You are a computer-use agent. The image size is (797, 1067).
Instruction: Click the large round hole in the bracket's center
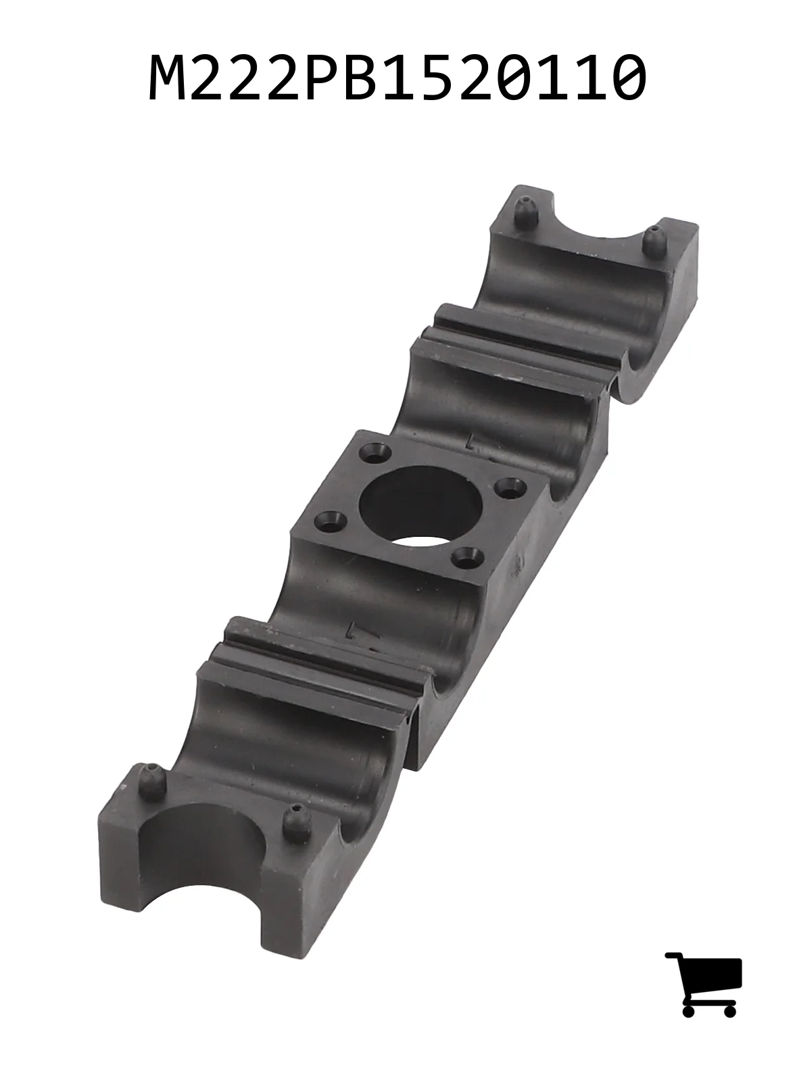click(420, 506)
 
